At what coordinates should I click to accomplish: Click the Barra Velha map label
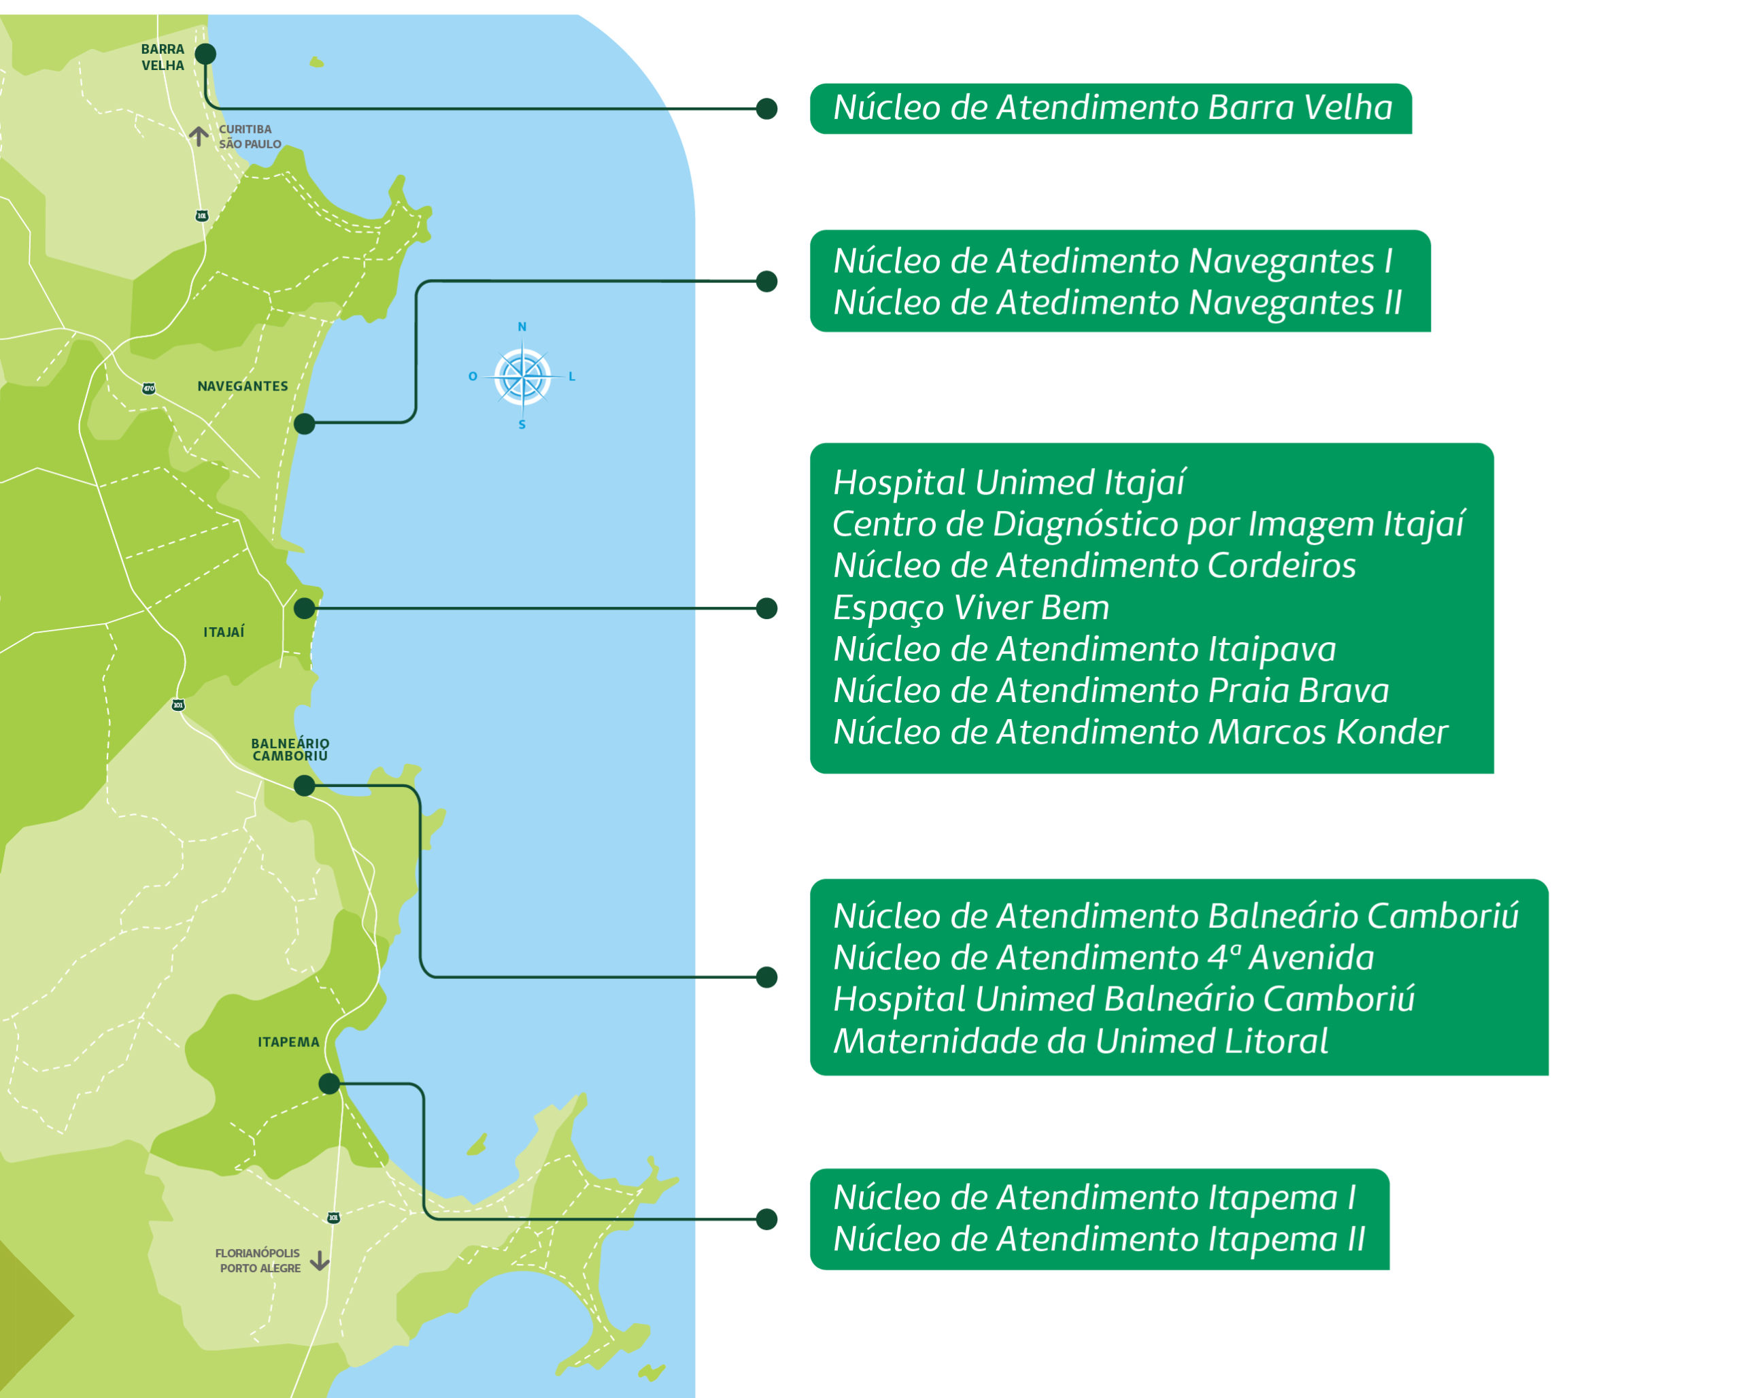click(163, 57)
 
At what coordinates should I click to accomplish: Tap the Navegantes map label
click(242, 386)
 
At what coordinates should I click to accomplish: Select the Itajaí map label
click(224, 631)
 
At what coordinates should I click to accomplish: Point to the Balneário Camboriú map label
click(290, 749)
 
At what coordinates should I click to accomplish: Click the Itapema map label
click(288, 1042)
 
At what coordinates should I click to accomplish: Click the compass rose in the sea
click(522, 376)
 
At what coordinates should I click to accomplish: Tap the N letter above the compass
click(522, 327)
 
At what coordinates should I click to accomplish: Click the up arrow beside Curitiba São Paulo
click(199, 135)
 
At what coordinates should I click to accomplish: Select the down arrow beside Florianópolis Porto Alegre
click(320, 1261)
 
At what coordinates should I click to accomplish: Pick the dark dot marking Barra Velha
click(206, 54)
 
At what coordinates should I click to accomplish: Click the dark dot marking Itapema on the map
click(328, 1084)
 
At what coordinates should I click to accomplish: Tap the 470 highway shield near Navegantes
click(148, 388)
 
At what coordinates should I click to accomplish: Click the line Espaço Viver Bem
click(970, 608)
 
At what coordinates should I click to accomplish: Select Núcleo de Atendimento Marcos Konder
click(1139, 733)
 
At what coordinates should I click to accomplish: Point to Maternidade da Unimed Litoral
click(1080, 1041)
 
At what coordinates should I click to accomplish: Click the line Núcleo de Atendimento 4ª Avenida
click(1103, 958)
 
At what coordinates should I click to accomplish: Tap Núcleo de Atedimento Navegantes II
click(1117, 303)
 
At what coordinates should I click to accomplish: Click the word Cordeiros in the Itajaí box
click(1281, 565)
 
